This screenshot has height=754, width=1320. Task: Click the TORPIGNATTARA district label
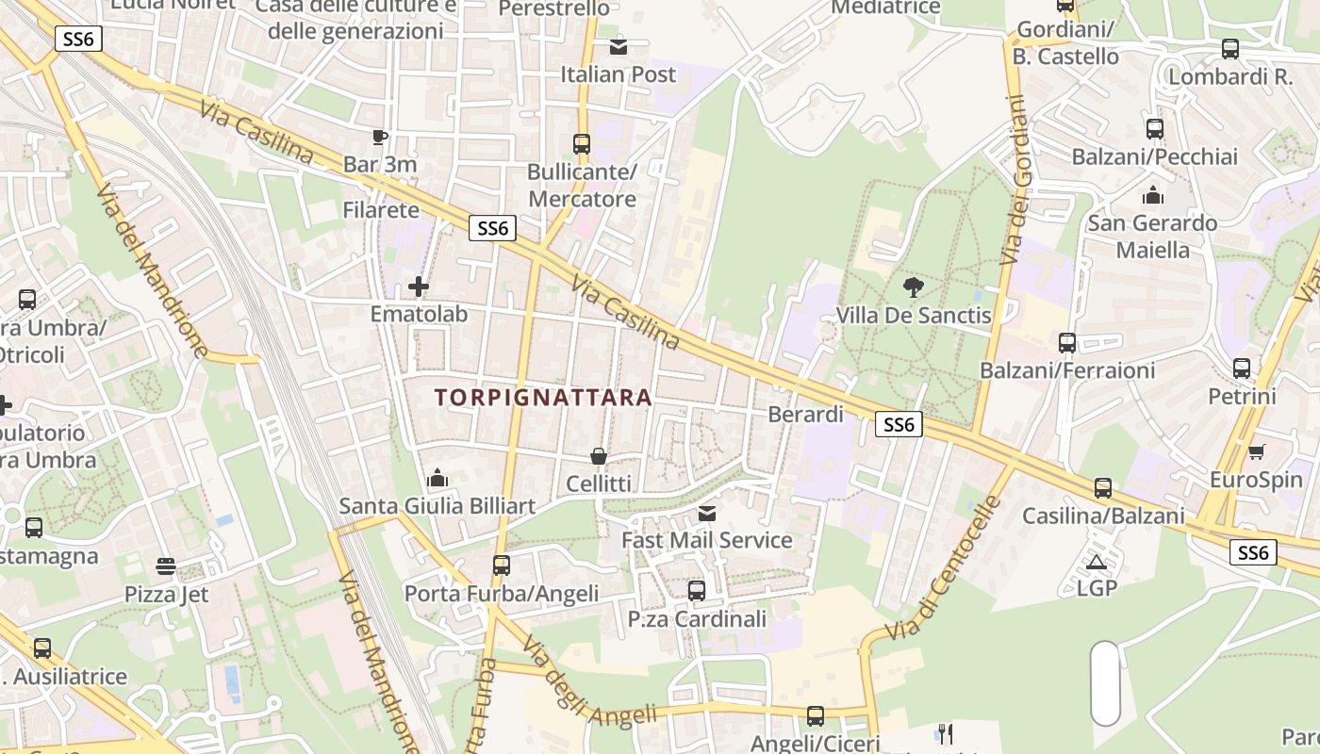(544, 398)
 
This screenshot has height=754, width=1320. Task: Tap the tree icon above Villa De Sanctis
(913, 287)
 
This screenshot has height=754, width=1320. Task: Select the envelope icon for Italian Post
(619, 46)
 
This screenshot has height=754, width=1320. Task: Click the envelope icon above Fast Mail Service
(707, 514)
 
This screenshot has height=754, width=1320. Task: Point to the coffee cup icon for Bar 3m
(379, 138)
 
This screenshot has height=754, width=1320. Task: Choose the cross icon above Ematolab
(419, 287)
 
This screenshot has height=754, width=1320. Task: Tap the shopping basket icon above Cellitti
(598, 457)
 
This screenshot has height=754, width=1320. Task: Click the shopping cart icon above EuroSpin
(1256, 452)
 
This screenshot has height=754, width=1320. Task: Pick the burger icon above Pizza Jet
(166, 566)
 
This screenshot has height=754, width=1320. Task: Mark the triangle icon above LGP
(1096, 563)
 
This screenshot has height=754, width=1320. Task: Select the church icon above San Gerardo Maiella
(1152, 196)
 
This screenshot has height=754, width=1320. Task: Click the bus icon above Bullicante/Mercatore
(582, 144)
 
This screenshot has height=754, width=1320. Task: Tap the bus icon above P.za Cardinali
(697, 591)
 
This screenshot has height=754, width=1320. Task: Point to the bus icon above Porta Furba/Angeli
(502, 565)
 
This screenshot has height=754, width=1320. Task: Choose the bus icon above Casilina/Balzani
(1103, 488)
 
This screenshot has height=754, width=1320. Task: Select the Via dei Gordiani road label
(1016, 179)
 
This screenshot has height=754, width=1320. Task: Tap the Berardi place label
(805, 415)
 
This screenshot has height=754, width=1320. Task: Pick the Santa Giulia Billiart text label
(437, 506)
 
